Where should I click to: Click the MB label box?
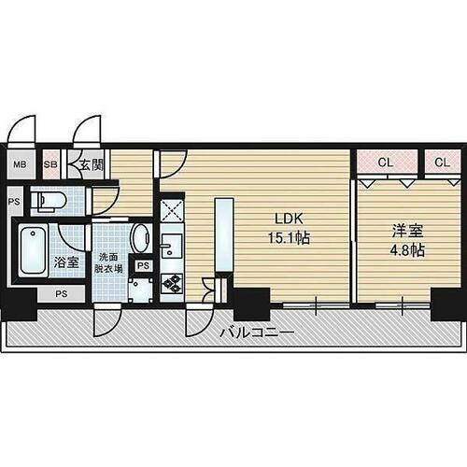(x=21, y=164)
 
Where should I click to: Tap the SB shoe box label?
(x=50, y=164)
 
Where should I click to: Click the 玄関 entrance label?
(x=92, y=164)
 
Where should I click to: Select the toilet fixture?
(x=50, y=199)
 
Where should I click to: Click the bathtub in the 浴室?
(x=33, y=250)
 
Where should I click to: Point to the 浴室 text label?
(x=66, y=262)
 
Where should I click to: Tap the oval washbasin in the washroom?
(x=141, y=238)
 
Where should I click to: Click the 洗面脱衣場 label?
(x=108, y=263)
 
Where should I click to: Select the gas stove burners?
(x=172, y=284)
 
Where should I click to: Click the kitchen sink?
(x=172, y=246)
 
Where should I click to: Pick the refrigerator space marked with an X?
(x=172, y=211)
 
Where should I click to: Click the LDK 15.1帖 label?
(x=289, y=229)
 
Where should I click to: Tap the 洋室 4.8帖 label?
(x=407, y=241)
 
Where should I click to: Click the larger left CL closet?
(x=387, y=163)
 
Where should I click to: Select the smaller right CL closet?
(x=443, y=163)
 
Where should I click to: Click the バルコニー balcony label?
(x=257, y=333)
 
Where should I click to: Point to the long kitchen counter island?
(x=224, y=234)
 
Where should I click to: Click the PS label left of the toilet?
(x=14, y=202)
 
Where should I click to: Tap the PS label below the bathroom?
(x=62, y=294)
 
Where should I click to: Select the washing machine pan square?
(x=140, y=290)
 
